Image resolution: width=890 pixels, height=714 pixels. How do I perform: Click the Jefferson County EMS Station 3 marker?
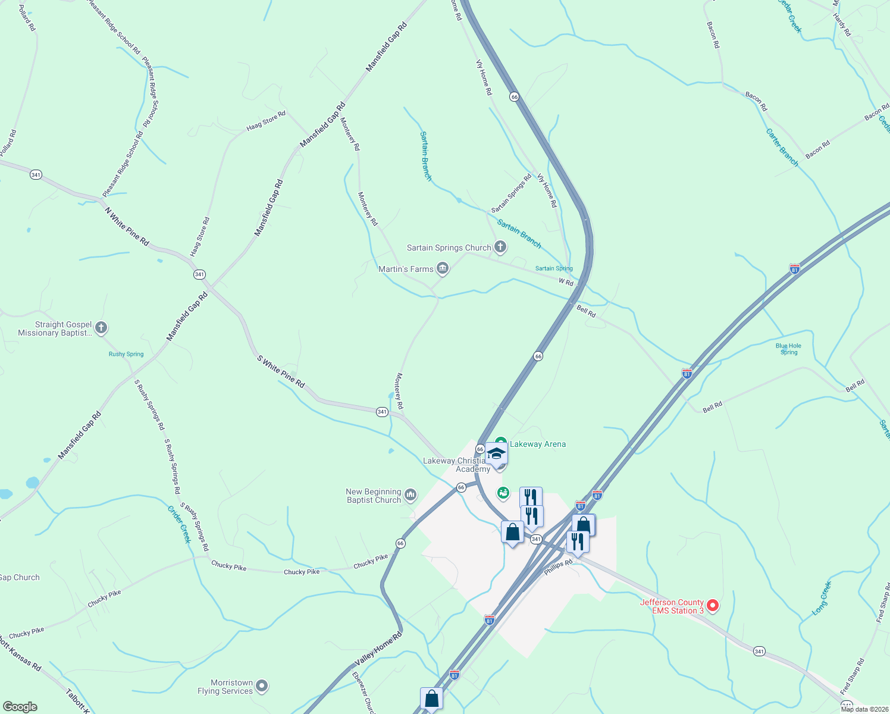(712, 606)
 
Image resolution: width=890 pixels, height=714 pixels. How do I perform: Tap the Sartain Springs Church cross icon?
(500, 247)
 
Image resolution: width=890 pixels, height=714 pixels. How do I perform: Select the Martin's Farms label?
(406, 270)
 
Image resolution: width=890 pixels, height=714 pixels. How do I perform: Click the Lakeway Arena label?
(538, 444)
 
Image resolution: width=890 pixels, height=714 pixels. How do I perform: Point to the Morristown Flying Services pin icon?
(262, 687)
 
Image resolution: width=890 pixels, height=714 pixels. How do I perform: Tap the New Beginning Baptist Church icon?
(410, 495)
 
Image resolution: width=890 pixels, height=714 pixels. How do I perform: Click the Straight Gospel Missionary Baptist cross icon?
(101, 328)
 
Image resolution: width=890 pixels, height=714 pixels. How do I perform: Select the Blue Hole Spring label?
(788, 349)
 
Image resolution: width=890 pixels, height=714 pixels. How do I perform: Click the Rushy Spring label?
(126, 354)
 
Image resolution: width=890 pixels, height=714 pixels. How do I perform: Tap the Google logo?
(20, 707)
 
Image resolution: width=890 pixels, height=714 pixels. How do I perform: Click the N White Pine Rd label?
(127, 226)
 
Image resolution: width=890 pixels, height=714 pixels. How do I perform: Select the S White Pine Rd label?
(281, 372)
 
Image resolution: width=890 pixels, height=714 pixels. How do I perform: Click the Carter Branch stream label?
(782, 148)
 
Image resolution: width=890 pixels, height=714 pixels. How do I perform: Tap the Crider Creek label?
(179, 524)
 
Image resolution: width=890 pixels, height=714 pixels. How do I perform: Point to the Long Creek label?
(822, 598)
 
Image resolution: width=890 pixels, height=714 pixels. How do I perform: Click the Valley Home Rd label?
(379, 649)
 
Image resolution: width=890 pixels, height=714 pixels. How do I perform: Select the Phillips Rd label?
(558, 567)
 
